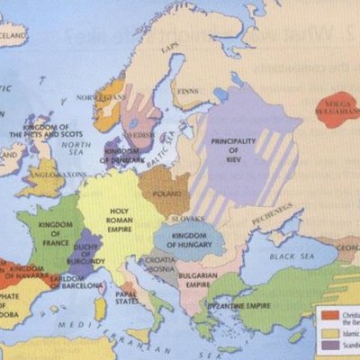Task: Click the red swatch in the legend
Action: tap(327, 315)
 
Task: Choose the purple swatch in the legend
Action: tap(327, 345)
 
